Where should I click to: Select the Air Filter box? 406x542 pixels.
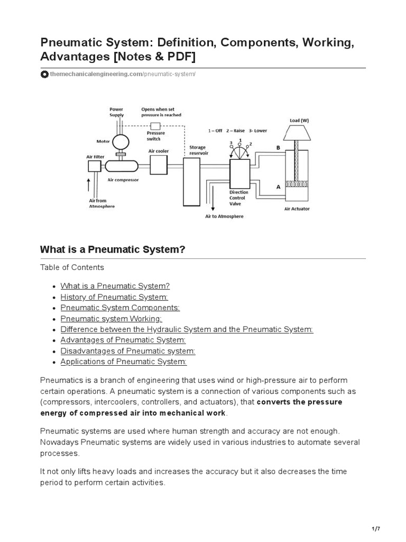(x=94, y=166)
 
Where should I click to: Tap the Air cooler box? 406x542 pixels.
(x=159, y=166)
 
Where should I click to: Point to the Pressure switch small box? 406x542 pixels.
(x=155, y=126)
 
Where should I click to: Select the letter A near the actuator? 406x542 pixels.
(x=278, y=187)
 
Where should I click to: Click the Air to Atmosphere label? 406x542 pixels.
(x=224, y=216)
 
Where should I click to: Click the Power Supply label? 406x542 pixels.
(x=116, y=112)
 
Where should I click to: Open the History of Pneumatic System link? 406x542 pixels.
(x=114, y=297)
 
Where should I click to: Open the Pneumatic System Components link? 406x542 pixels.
(x=120, y=308)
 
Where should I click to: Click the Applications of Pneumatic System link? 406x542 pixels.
(x=123, y=362)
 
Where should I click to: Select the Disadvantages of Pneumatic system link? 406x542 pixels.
(x=128, y=351)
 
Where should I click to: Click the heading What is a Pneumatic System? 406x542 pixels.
(x=113, y=249)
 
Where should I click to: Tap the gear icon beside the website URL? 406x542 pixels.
(x=44, y=75)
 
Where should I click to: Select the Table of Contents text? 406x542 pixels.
(x=72, y=267)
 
